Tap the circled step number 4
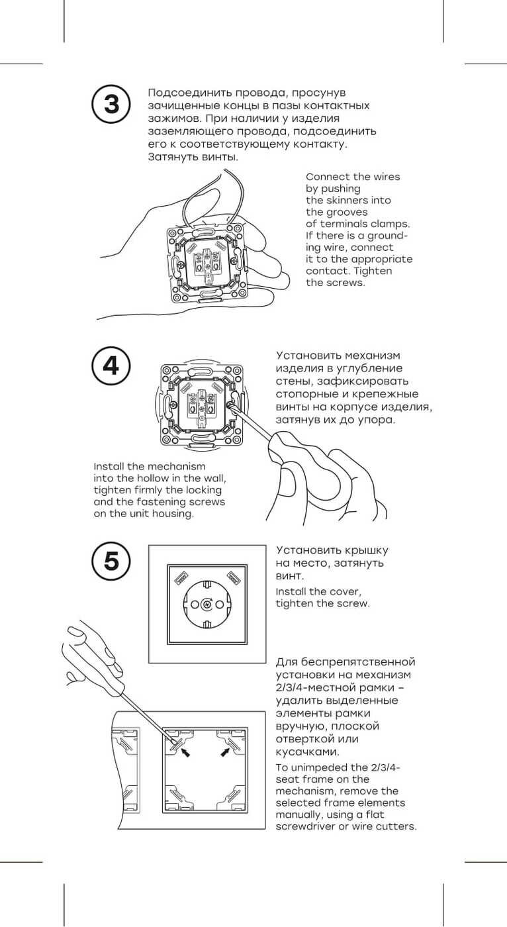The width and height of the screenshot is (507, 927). tap(111, 366)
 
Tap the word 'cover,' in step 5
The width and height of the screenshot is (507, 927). tap(347, 591)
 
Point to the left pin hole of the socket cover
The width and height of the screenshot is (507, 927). tap(195, 604)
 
